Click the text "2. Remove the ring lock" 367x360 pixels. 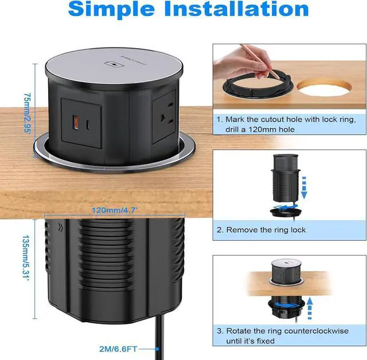[x=261, y=230]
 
